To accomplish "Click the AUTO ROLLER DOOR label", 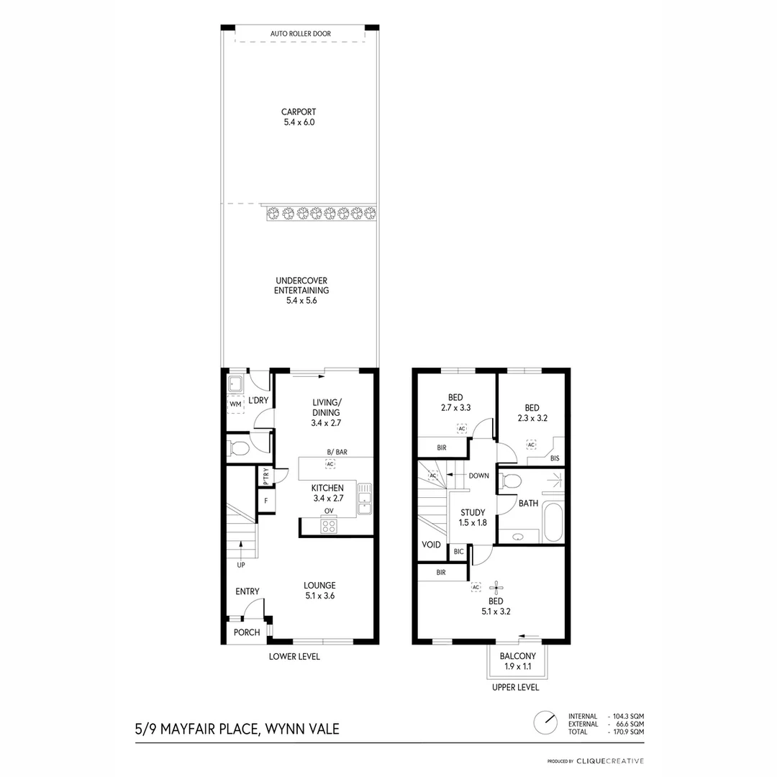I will pos(300,34).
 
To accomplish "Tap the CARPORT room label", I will pos(299,117).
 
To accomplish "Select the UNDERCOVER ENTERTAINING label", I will pos(301,291).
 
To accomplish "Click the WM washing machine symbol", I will pos(235,405).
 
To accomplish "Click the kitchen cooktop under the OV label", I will pos(329,525).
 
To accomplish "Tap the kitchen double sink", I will pos(365,499).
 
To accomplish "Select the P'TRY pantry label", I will pos(265,476).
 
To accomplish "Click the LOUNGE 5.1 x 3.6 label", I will pos(319,590).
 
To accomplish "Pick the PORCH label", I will pos(247,632).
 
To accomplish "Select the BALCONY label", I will pos(517,660).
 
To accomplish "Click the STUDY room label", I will pos(473,517).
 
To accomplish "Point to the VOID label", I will pos(431,545).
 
